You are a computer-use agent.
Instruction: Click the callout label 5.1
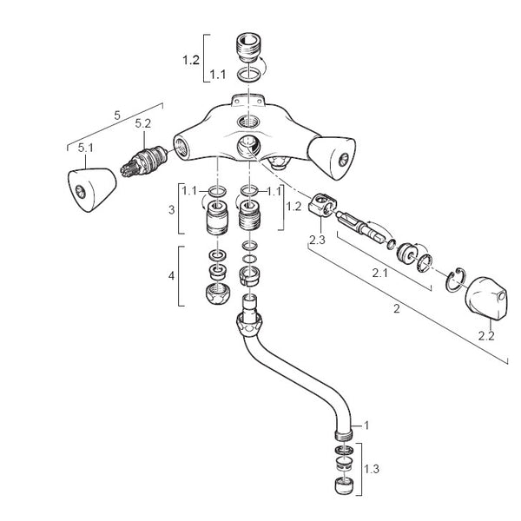(86, 148)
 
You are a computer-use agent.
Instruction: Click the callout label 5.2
(143, 123)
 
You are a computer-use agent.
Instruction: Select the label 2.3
(317, 240)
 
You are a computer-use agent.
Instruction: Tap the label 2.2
(486, 336)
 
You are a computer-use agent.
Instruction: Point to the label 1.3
(372, 469)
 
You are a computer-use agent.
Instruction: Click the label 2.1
(379, 274)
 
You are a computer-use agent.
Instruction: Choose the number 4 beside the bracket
(171, 276)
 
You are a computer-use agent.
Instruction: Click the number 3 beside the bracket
(171, 210)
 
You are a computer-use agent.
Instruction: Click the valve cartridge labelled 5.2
(143, 162)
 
